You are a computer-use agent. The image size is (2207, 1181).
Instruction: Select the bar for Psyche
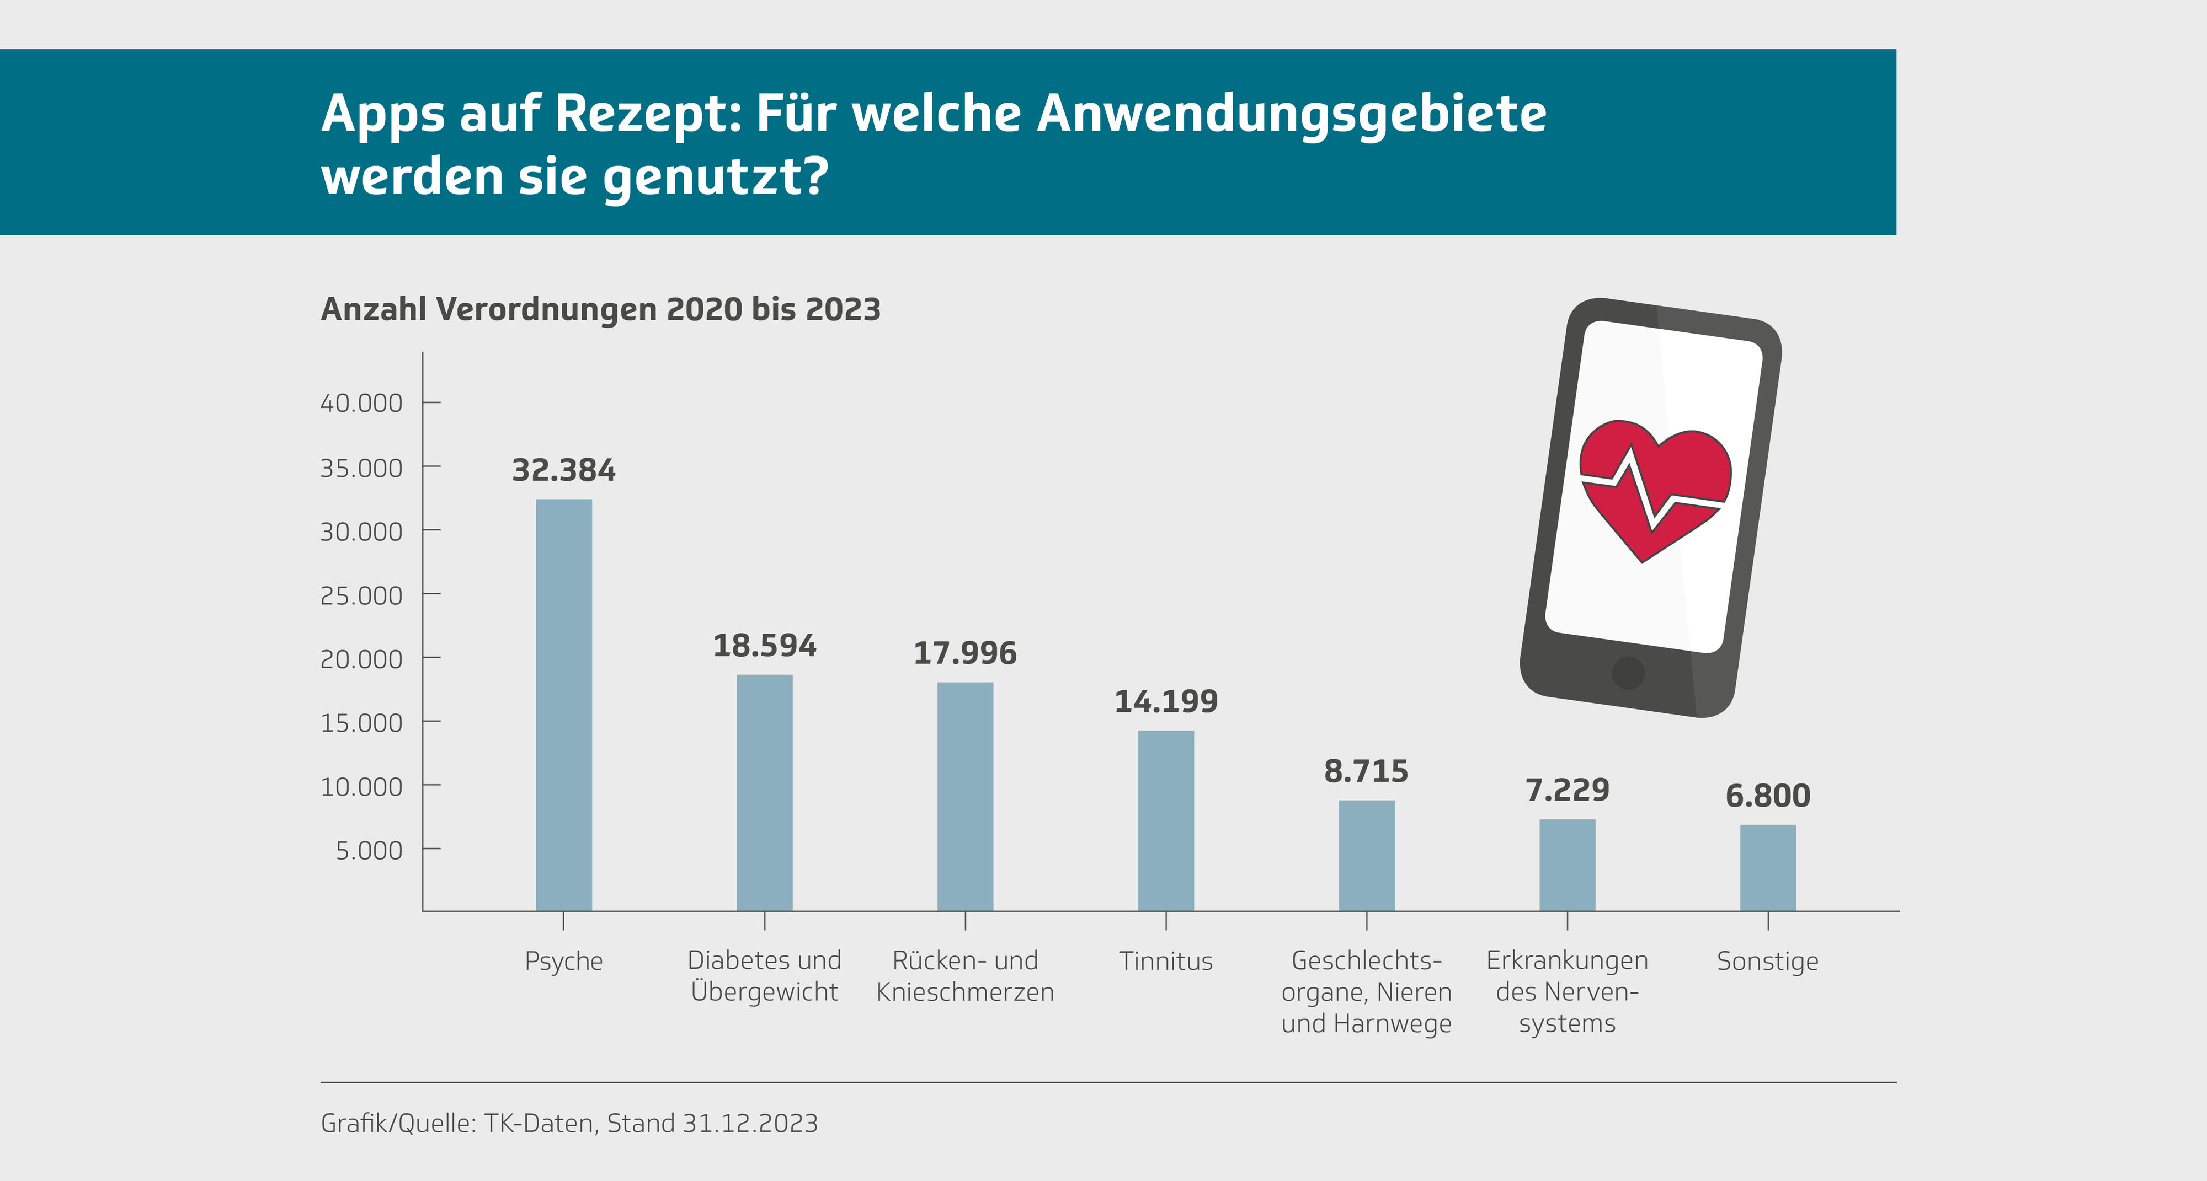tap(564, 704)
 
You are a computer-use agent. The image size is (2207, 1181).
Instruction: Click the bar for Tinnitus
tap(1165, 820)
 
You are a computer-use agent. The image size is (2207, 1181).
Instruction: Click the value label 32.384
tap(564, 470)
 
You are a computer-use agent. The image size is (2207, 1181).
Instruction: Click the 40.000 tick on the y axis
tap(361, 402)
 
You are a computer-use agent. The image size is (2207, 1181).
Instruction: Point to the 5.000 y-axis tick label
tap(369, 850)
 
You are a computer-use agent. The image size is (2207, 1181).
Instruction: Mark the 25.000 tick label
tap(361, 595)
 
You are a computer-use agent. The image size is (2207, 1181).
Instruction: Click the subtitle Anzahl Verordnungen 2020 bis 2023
tap(601, 309)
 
